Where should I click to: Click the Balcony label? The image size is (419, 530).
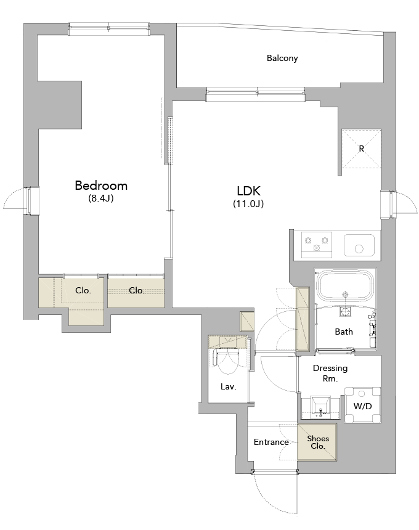(282, 58)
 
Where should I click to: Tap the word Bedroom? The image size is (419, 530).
(101, 185)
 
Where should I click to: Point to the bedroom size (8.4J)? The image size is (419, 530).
(100, 198)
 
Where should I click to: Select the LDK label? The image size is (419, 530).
(248, 191)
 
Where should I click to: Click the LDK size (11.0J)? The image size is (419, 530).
(248, 203)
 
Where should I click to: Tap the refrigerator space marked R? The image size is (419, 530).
(362, 149)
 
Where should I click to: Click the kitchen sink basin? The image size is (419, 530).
(359, 245)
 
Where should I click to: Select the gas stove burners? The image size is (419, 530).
(316, 245)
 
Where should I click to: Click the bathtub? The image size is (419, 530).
(345, 287)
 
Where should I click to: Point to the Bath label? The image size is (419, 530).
(344, 332)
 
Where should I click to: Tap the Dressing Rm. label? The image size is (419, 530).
(330, 373)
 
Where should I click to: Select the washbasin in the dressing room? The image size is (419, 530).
(320, 407)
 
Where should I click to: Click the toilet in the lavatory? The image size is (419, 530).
(227, 362)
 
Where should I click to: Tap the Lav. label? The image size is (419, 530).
(228, 386)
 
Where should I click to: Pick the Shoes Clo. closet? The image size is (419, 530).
(317, 442)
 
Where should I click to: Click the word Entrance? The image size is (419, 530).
(271, 442)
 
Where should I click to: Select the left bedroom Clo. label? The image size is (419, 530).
(83, 290)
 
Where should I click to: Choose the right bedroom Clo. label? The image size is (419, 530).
(137, 290)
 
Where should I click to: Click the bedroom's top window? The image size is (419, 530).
(109, 30)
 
